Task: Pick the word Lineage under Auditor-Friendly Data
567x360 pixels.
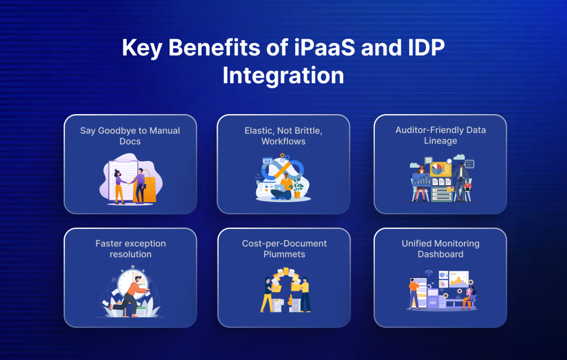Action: click(440, 141)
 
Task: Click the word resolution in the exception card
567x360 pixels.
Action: click(130, 254)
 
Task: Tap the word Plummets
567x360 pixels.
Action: click(284, 254)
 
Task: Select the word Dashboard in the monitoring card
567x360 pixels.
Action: click(440, 254)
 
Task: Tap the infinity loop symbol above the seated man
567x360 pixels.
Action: click(283, 168)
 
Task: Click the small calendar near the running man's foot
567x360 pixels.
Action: click(141, 311)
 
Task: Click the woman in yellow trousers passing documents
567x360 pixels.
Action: click(267, 294)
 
